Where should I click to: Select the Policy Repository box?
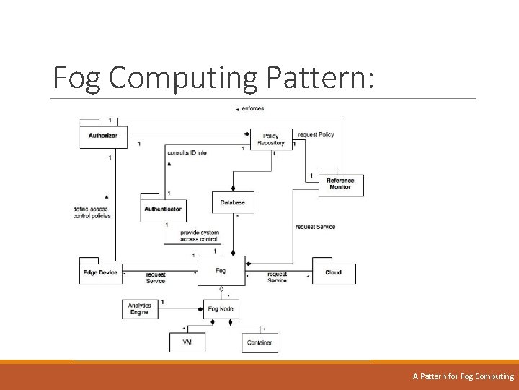point(270,139)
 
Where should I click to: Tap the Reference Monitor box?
point(340,185)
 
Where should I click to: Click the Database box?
point(232,202)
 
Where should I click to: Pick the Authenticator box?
point(163,209)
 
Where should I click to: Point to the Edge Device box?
point(100,272)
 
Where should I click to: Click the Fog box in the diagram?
point(221,271)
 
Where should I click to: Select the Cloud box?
point(333,272)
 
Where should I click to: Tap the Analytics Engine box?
point(139,308)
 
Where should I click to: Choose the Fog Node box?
point(221,308)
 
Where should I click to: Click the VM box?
point(187,342)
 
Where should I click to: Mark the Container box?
point(259,342)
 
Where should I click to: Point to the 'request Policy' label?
point(316,135)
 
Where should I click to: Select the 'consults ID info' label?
point(187,153)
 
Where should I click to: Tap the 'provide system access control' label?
point(199,235)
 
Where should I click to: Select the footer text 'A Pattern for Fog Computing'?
point(463,376)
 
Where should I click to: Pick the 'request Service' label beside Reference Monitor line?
point(315,227)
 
